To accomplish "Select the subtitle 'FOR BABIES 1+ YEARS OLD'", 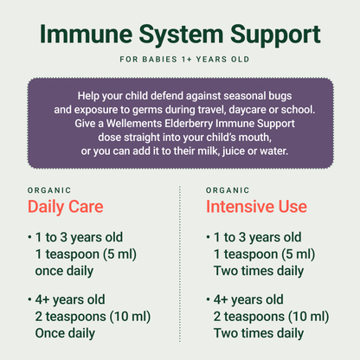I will pos(180,61).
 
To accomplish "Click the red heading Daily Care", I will pos(66,208).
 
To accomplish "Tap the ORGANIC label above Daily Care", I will pos(49,190).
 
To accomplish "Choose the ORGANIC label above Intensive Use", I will pos(228,190).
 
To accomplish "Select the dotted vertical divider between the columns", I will pos(179,260).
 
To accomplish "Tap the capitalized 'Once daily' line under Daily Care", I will pos(65,332).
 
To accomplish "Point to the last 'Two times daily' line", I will pos(258,332).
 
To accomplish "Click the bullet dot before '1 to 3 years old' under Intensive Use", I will pos(209,237).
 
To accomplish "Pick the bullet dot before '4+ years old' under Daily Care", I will pos(30,299).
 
